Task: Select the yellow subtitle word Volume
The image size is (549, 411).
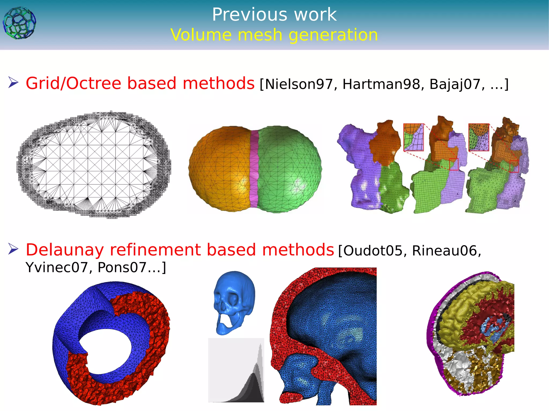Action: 201,35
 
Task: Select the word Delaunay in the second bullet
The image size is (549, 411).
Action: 64,250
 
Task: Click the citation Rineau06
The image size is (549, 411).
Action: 445,251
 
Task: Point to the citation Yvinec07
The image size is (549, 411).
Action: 57,267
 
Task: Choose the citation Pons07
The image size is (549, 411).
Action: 122,267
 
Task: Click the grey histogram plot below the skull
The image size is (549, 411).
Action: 236,370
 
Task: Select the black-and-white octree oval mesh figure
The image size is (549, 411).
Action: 94,165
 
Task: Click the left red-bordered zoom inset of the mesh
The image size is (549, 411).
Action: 414,137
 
